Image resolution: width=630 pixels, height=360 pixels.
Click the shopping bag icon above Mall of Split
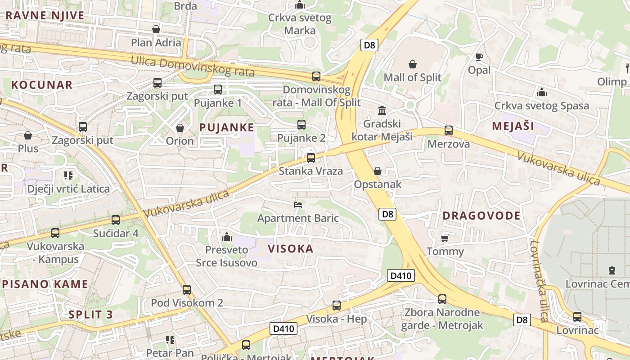coord(412,64)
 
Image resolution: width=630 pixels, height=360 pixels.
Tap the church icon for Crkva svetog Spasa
coord(542,92)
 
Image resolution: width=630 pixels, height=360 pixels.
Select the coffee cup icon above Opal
coord(479,57)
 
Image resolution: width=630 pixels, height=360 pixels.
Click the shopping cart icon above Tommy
coord(445,238)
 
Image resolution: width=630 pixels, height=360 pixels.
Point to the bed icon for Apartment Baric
coord(297,205)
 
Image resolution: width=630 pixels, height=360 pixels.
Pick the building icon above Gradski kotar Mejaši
coord(382,110)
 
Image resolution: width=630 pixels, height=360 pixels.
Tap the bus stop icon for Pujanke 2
coord(301,125)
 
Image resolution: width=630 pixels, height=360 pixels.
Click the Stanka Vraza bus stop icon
coord(310,158)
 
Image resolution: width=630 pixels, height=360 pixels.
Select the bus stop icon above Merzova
coord(448,130)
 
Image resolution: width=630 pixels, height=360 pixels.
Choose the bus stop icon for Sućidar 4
coord(116,220)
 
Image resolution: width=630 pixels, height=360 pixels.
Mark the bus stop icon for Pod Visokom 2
coord(187,289)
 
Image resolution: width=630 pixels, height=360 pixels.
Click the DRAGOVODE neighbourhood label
coord(481,216)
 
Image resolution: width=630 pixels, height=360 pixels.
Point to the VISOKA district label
coord(290,249)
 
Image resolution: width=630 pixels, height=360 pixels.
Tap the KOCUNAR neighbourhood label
coord(42,85)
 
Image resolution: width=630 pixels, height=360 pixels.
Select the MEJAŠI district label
coord(513,126)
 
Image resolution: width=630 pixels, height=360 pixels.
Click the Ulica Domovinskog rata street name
coord(193,66)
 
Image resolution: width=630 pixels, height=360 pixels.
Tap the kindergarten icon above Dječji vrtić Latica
coord(68,175)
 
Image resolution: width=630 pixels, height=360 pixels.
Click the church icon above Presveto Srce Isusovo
coord(227,236)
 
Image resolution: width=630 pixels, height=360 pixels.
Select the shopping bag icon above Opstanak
coord(377,171)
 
